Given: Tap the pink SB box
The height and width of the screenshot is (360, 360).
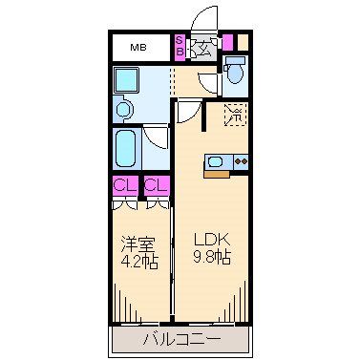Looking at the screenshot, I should click(179, 46).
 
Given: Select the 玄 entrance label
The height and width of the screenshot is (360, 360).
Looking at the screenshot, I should click(202, 47).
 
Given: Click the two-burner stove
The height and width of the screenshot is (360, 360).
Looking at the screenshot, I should click(239, 161).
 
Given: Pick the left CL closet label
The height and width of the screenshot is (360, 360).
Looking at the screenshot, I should click(123, 186).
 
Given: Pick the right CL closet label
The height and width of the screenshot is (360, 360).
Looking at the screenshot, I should click(158, 186).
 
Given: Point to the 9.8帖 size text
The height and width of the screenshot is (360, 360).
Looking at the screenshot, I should click(213, 259).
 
